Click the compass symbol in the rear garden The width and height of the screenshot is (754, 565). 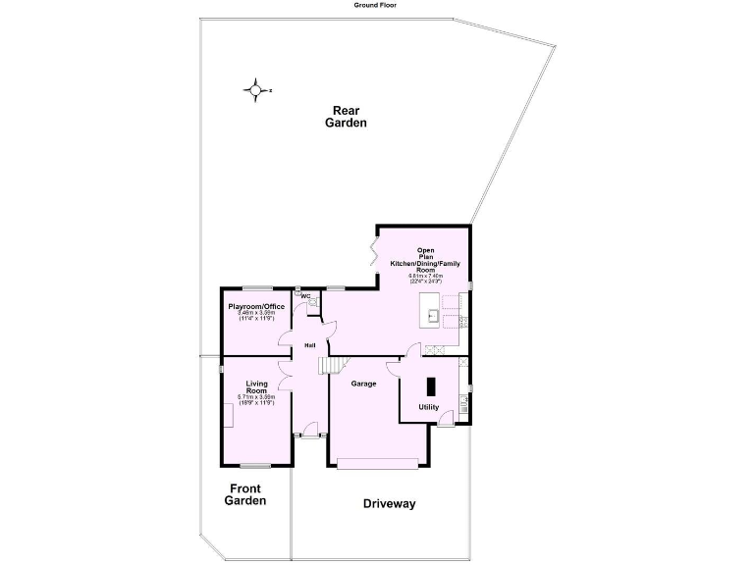coord(255,91)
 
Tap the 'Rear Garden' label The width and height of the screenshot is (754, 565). coord(349,117)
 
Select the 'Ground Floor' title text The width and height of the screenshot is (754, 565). coord(376,5)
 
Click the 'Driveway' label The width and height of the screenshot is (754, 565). coord(390,504)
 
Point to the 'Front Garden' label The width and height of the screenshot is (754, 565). coord(245,494)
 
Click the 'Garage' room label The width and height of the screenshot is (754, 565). coord(364,384)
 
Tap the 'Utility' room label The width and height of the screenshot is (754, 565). coord(429,406)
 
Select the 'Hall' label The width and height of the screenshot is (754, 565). coord(309,345)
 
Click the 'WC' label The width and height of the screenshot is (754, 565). coord(305,295)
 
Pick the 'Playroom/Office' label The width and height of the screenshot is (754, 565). coord(256,307)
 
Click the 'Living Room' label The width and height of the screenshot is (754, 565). coord(256,386)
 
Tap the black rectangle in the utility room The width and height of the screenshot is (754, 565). coord(430,385)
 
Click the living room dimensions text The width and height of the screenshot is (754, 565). coord(256,399)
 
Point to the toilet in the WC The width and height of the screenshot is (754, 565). coord(313,303)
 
